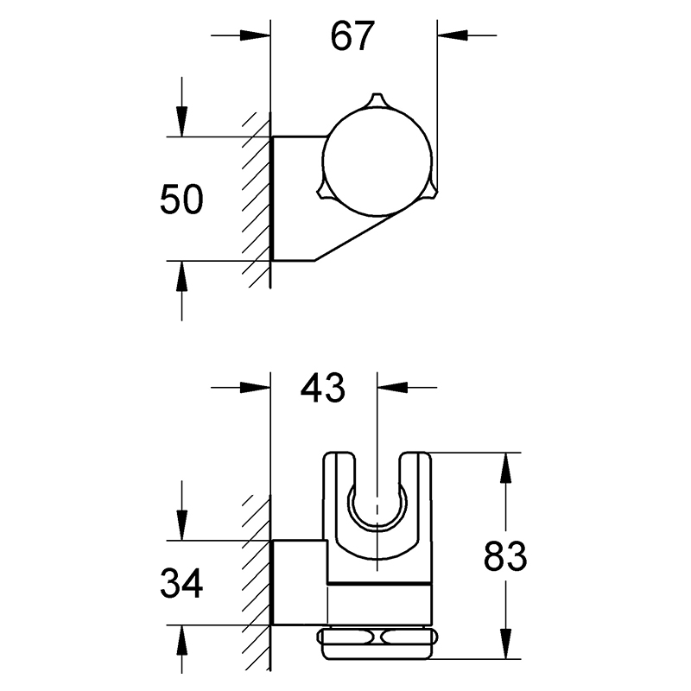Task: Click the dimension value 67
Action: (x=352, y=35)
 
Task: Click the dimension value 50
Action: (x=181, y=200)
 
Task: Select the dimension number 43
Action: (x=322, y=388)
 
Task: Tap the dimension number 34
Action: (x=181, y=583)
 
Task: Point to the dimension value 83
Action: (x=505, y=556)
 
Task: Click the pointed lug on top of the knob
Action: (x=376, y=100)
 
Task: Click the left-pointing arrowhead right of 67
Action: (x=453, y=35)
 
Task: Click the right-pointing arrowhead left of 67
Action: (x=255, y=35)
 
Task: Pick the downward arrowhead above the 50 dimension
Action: (x=181, y=122)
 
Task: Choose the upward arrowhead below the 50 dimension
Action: (x=181, y=276)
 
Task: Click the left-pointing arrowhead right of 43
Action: (x=392, y=387)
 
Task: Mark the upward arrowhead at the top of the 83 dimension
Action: (x=505, y=467)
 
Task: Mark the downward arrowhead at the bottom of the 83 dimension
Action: (x=505, y=644)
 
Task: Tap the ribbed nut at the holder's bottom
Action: (x=377, y=637)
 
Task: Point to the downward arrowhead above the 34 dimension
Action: (x=181, y=525)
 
